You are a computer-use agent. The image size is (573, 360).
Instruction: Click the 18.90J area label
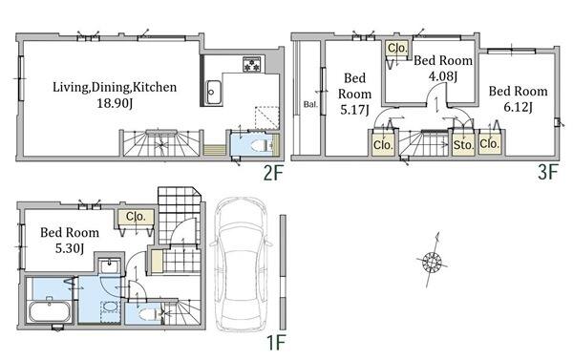115,104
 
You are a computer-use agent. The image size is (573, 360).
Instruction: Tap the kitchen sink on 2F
213,93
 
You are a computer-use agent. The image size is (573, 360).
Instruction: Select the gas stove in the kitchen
252,65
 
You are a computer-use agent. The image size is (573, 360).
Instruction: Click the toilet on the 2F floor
260,146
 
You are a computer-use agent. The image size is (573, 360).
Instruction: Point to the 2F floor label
273,173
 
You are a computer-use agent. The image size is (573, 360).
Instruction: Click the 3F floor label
548,172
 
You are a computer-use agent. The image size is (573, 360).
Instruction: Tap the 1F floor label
275,343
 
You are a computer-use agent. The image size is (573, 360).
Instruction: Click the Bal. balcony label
310,104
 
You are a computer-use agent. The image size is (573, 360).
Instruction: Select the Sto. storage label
463,145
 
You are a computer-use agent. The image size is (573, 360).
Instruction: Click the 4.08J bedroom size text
443,76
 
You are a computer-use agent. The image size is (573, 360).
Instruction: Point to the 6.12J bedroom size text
518,108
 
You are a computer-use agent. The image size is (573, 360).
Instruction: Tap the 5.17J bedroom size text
354,110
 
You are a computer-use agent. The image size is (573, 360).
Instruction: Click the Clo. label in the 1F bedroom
136,217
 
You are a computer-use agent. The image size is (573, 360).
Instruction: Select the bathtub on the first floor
50,312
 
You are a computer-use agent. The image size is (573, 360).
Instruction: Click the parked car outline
241,265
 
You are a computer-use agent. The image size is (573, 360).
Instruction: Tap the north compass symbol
433,262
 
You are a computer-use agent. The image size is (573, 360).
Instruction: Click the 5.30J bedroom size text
70,249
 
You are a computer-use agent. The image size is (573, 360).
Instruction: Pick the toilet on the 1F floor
150,314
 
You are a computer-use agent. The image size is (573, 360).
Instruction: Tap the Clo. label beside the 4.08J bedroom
397,49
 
